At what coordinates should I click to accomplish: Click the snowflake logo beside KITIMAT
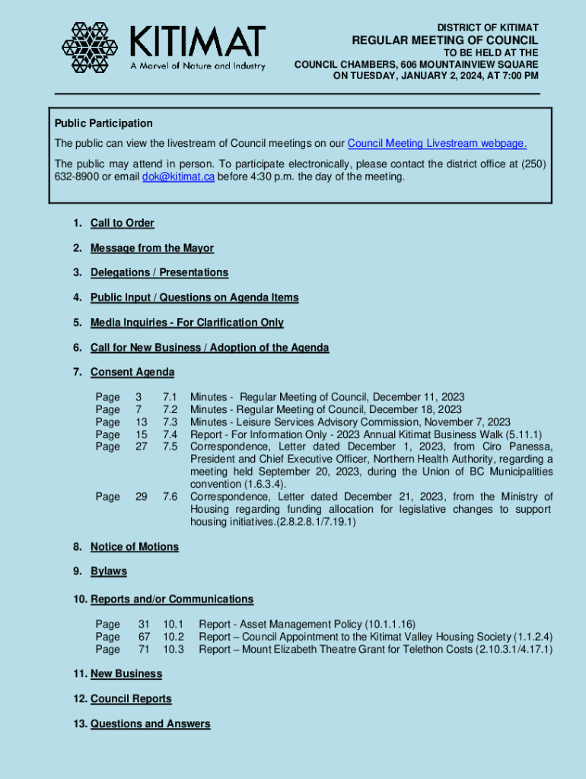[x=91, y=48]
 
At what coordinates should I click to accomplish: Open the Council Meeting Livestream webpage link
[x=437, y=144]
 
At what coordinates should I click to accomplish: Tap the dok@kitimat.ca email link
[x=178, y=176]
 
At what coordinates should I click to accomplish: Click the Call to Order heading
[x=122, y=223]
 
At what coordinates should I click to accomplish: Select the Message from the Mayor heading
[x=151, y=248]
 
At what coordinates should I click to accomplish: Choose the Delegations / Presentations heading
[x=159, y=272]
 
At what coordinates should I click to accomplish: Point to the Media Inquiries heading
[x=186, y=323]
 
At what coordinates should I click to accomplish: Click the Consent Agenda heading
[x=132, y=372]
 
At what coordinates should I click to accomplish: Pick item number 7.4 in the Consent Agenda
[x=170, y=434]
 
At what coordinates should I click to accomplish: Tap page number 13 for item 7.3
[x=142, y=422]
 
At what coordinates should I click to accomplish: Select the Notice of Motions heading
[x=134, y=547]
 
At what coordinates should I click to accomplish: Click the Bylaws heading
[x=108, y=571]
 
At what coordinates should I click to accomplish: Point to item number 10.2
[x=174, y=637]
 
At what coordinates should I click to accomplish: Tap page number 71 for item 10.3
[x=144, y=649]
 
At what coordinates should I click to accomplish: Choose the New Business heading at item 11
[x=126, y=674]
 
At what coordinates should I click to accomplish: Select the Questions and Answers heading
[x=150, y=724]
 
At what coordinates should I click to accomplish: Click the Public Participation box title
[x=104, y=123]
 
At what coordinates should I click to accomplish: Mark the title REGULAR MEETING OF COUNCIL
[x=444, y=40]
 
